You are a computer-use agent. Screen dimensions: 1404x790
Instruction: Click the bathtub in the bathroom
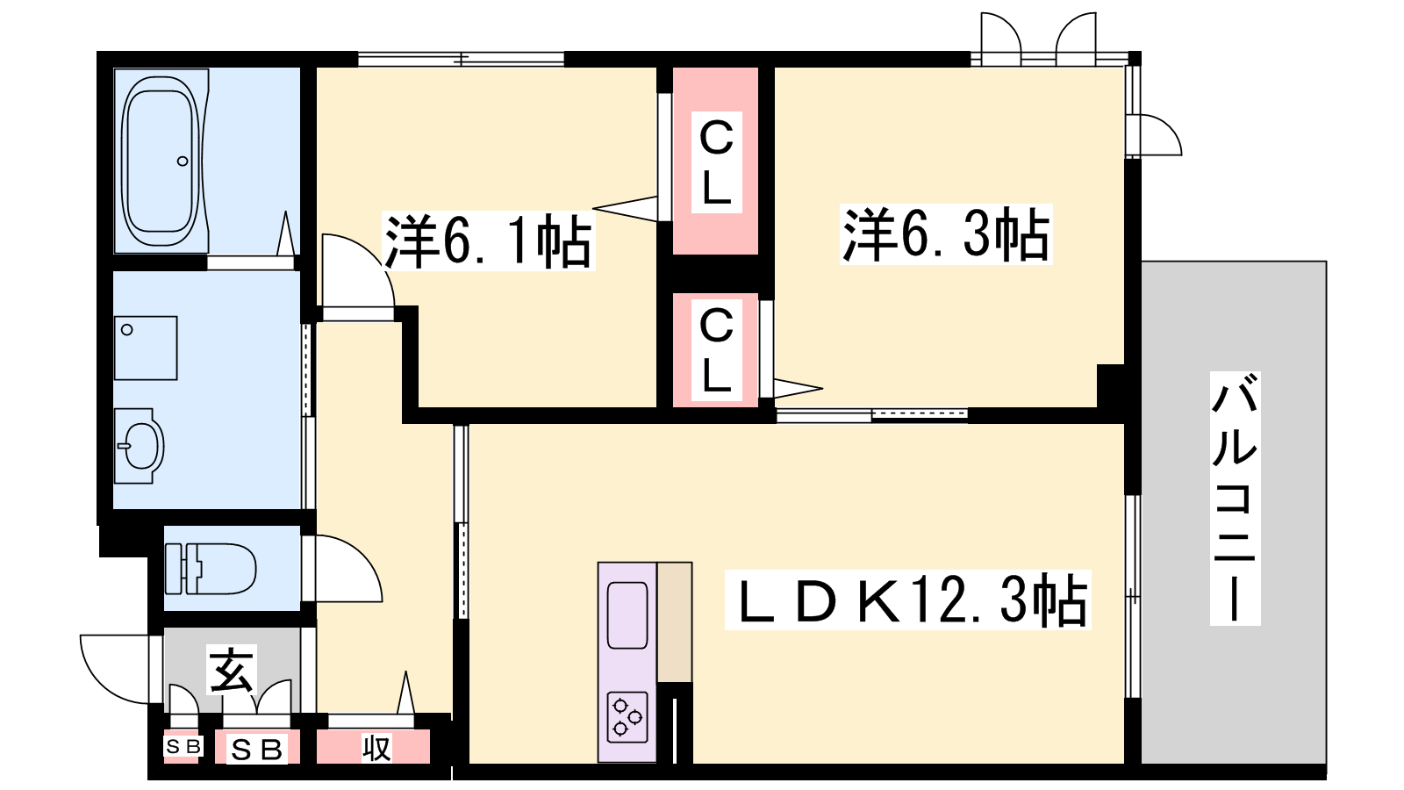point(161,162)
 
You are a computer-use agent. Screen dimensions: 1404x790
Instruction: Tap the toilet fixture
point(211,568)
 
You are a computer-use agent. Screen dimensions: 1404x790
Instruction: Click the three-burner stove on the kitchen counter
point(627,717)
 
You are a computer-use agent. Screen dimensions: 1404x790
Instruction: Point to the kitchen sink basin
point(627,614)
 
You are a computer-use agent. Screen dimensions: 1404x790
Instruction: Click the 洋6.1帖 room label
point(488,241)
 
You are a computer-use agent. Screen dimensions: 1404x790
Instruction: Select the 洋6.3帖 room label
point(945,233)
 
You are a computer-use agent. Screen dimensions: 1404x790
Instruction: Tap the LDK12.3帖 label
point(907,600)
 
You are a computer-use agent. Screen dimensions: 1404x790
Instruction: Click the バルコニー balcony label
point(1234,498)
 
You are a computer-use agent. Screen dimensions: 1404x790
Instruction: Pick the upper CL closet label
point(716,162)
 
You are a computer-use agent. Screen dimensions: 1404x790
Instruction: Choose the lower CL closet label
point(716,350)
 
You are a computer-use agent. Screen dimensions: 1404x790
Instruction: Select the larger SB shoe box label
point(256,750)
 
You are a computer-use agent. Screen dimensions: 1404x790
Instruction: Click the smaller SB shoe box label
point(183,746)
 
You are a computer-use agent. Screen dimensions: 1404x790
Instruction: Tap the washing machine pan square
point(146,348)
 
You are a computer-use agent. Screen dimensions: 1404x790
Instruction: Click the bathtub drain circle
point(183,162)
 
